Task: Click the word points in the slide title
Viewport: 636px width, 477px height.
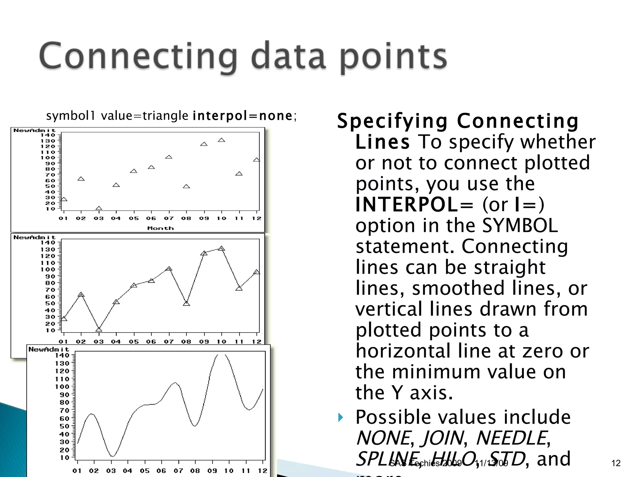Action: (x=393, y=57)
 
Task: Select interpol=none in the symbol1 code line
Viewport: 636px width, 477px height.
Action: (x=242, y=116)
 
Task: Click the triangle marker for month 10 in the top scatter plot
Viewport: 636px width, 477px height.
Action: (x=221, y=140)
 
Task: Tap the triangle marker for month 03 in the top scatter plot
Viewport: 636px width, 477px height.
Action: (x=99, y=208)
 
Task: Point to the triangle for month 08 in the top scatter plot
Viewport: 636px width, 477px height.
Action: (x=186, y=186)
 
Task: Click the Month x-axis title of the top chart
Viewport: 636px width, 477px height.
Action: (x=160, y=228)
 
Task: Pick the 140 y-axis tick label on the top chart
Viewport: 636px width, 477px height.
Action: (x=48, y=135)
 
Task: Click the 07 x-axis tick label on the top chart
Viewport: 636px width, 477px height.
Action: (x=169, y=218)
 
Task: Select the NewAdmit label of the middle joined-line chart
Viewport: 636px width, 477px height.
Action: (x=34, y=237)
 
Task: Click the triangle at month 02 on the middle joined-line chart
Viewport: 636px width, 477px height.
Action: (x=81, y=294)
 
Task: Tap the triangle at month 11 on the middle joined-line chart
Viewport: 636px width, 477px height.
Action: (x=239, y=288)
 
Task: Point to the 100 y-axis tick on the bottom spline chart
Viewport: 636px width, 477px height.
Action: (x=62, y=387)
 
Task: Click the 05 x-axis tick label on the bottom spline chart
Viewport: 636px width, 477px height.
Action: (x=144, y=471)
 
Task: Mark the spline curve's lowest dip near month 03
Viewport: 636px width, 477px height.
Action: (x=112, y=456)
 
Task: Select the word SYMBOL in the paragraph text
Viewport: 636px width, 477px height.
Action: (x=520, y=225)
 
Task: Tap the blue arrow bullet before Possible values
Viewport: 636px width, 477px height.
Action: (x=341, y=417)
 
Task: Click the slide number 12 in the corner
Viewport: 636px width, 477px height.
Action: (x=616, y=463)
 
